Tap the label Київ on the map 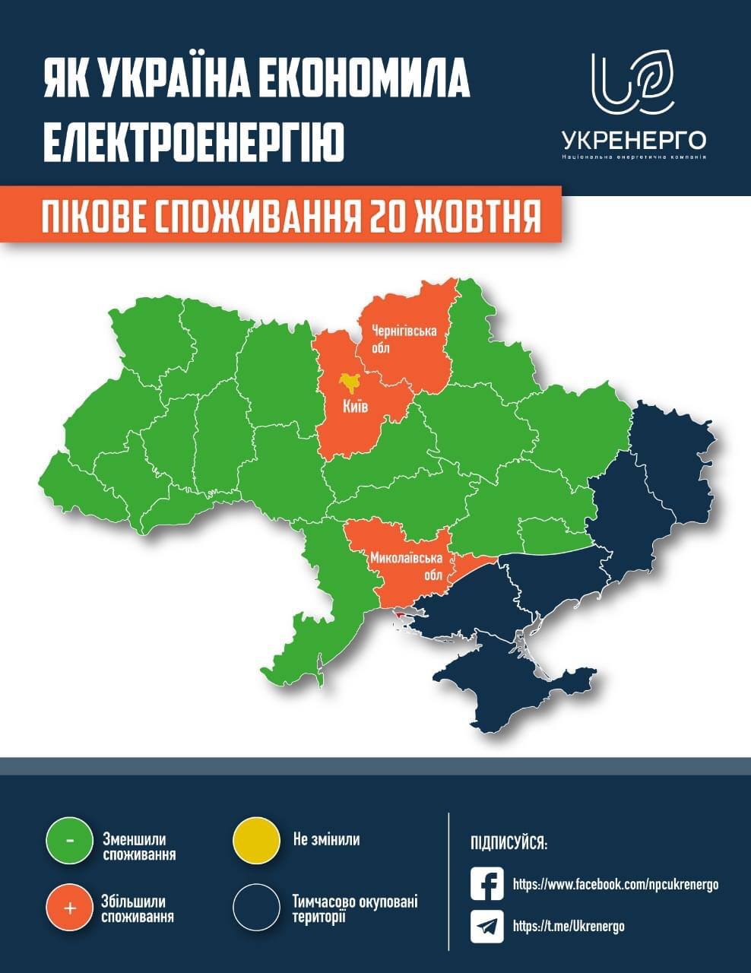[355, 407]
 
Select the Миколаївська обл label [406, 566]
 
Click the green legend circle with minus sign [69, 841]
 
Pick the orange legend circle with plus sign [69, 908]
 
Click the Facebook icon [487, 884]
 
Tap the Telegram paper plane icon [487, 926]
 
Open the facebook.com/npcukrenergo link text [615, 885]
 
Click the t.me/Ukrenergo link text [569, 926]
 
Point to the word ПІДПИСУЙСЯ [509, 844]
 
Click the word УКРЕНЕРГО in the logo [634, 140]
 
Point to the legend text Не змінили [326, 840]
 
